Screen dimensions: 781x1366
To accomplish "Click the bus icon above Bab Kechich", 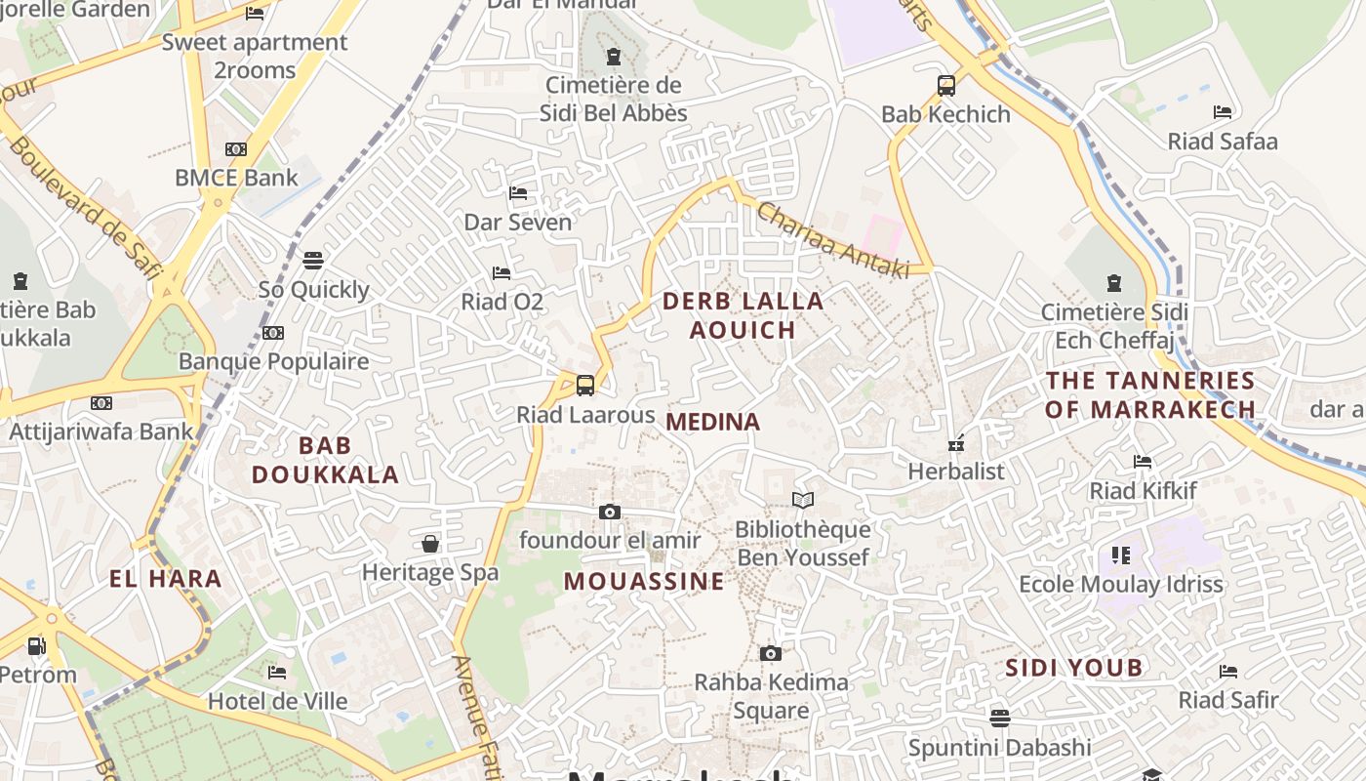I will [945, 86].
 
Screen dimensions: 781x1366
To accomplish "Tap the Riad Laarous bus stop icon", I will [584, 386].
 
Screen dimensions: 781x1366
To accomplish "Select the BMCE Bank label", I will [236, 178].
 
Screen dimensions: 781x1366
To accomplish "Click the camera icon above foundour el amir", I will [609, 513].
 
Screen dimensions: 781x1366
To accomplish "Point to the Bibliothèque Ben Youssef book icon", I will [802, 501].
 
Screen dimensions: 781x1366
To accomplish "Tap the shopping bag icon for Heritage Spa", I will [430, 544].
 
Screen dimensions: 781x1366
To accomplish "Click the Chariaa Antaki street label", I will [832, 239].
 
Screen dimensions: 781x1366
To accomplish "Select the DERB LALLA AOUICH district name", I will [743, 315].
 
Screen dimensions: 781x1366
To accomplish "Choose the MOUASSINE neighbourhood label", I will [644, 582].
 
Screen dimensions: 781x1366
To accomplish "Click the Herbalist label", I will [955, 472].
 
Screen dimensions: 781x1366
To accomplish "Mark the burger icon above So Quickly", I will [312, 261].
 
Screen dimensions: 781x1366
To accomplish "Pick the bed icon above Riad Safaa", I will [1222, 112].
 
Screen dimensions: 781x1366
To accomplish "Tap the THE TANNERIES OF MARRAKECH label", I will [1149, 394].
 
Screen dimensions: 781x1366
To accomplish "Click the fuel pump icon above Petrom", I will [36, 645].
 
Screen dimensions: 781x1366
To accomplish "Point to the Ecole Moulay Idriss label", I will [1120, 585].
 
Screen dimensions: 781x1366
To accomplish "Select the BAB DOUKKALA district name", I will [325, 461].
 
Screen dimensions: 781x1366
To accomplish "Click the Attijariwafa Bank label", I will [101, 432].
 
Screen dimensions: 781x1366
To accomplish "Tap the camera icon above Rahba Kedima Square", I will [770, 654].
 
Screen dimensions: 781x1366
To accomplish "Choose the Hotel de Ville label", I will [277, 701].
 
